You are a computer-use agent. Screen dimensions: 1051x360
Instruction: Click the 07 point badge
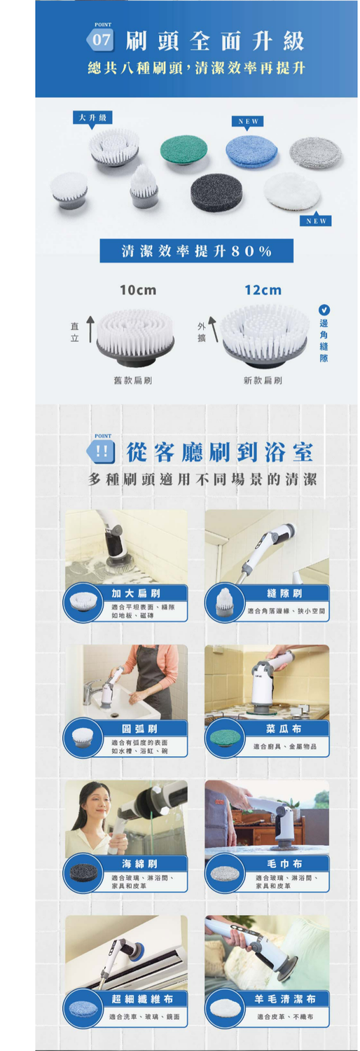point(102,39)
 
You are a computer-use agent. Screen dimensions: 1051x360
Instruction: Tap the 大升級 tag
point(92,117)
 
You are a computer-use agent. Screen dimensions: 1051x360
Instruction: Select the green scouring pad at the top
point(184,149)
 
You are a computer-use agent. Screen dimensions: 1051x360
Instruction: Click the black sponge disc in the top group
point(216,191)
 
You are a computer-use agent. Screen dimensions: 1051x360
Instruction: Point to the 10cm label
point(137,290)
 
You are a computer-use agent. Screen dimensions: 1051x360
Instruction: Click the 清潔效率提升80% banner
point(196,251)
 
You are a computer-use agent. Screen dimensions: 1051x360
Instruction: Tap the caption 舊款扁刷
point(133,380)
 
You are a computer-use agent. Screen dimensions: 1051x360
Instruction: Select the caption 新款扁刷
point(263,380)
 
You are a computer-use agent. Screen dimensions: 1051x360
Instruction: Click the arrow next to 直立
point(90,328)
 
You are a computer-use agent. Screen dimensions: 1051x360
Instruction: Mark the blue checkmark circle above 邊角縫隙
point(324,309)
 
